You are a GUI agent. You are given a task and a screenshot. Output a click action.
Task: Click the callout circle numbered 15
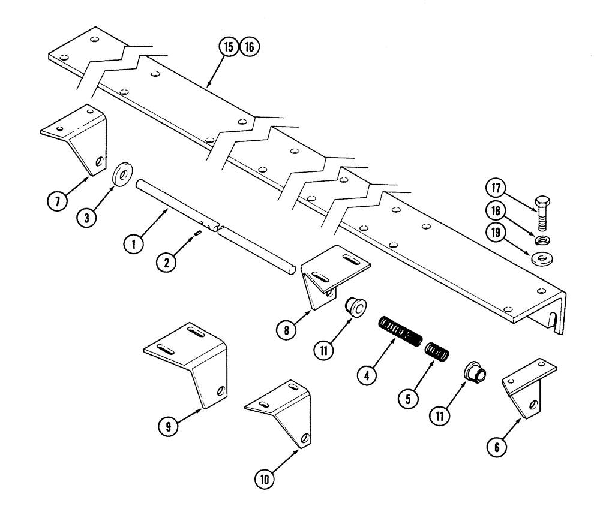(x=227, y=47)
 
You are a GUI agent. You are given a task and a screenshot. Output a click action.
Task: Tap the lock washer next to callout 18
(x=544, y=241)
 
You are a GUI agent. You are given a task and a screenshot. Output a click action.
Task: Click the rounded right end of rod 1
(x=292, y=270)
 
